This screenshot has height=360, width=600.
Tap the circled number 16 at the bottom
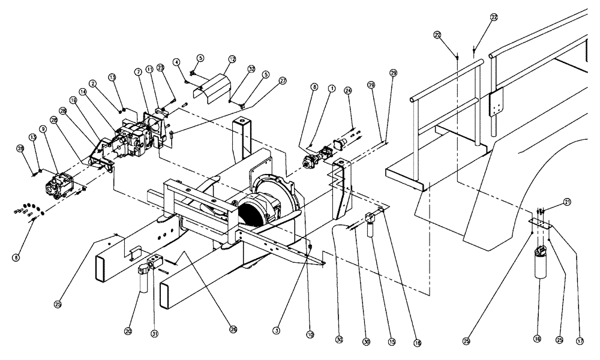(x=537, y=340)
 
